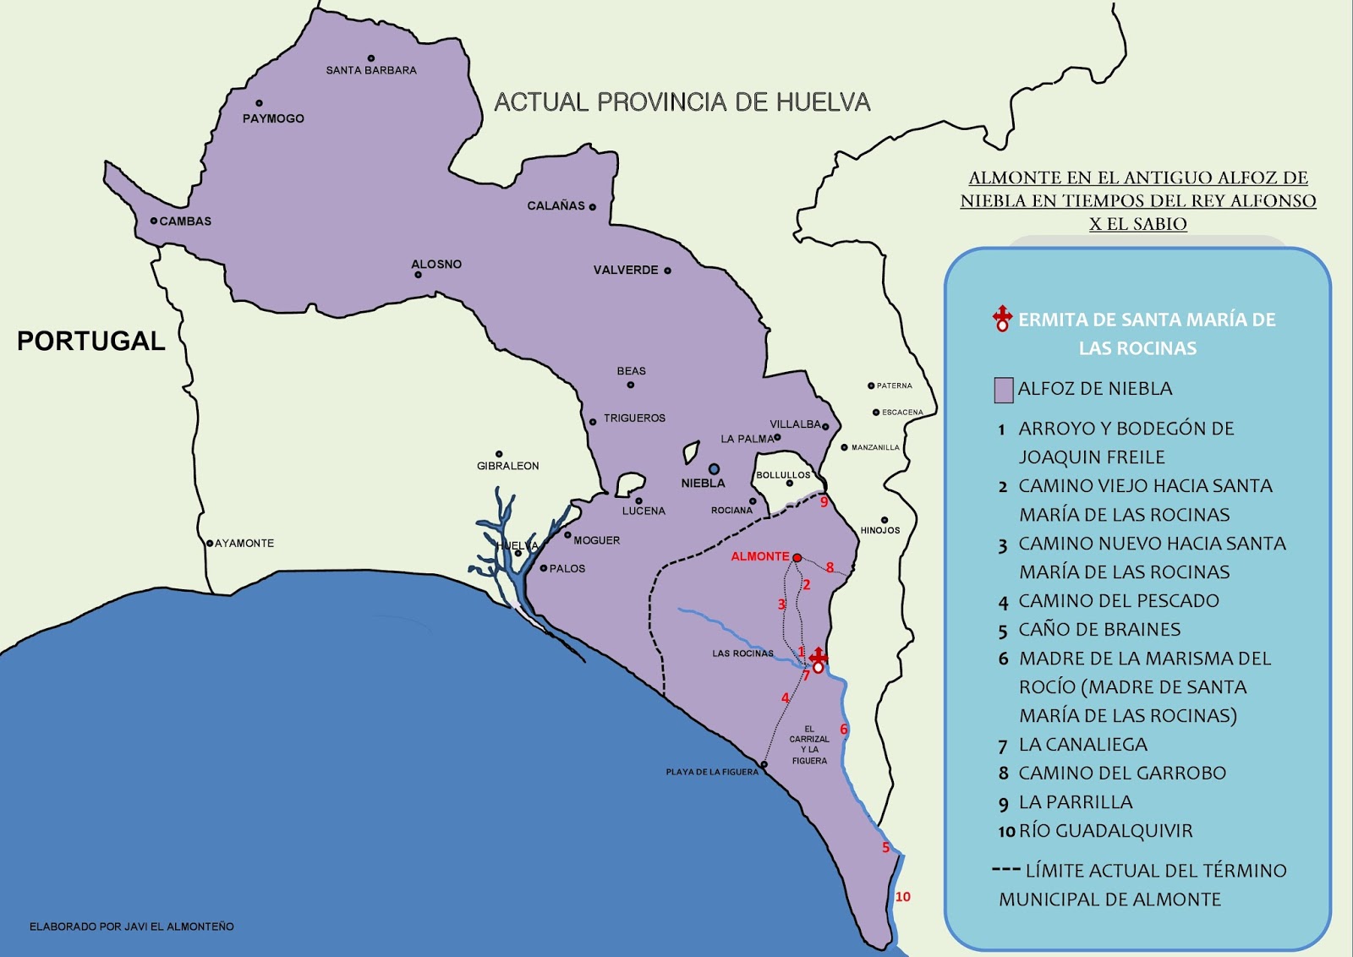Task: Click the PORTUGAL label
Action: (x=91, y=341)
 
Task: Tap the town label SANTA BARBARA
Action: (x=371, y=70)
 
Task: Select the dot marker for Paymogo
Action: (x=259, y=103)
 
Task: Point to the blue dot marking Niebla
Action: (x=714, y=468)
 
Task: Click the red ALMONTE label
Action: (x=759, y=556)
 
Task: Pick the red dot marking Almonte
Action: (x=797, y=558)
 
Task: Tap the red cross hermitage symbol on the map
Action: (x=818, y=659)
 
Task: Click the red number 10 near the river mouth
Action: (x=902, y=897)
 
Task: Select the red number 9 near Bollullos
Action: (x=824, y=502)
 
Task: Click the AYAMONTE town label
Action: (x=244, y=543)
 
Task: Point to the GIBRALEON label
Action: (x=507, y=466)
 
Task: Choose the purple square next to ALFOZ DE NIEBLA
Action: (x=1003, y=390)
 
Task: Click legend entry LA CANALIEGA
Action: (x=1082, y=745)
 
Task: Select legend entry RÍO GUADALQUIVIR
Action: (x=1105, y=831)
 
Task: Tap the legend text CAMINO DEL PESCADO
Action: (x=1118, y=601)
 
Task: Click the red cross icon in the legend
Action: (x=1002, y=319)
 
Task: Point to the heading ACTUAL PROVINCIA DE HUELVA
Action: (x=682, y=102)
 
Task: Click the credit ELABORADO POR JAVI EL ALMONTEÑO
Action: (x=132, y=927)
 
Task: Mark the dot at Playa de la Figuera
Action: (x=764, y=765)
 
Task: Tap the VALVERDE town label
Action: (x=626, y=270)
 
